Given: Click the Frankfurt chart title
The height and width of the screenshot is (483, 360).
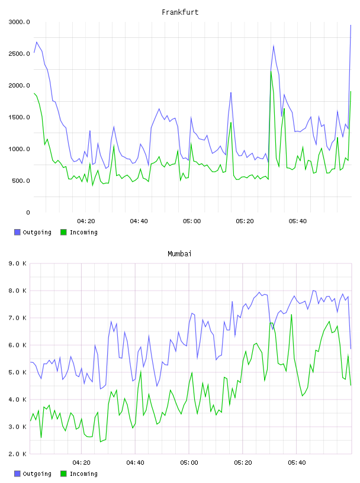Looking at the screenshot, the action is pos(180,12).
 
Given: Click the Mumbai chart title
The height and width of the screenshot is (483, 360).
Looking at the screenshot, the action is pos(179,254).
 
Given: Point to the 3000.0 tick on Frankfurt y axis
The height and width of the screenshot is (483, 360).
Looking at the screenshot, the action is pos(19,22).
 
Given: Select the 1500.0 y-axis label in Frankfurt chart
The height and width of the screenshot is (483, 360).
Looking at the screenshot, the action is pos(19,117).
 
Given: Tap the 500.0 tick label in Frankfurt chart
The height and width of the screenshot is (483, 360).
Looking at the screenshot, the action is pos(21,181).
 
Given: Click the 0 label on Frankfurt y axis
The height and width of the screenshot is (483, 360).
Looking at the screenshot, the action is pos(28,212).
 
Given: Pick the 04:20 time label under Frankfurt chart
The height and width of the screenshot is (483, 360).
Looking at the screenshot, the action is pos(86,221).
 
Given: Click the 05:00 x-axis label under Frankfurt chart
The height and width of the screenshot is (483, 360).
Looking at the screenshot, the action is pos(192,221).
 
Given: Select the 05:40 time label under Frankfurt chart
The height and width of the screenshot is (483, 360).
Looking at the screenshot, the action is pos(298,221).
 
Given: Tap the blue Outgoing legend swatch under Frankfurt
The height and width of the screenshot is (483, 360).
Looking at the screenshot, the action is pos(17,232).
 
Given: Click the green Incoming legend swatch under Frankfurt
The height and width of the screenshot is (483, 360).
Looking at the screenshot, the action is pos(63,232).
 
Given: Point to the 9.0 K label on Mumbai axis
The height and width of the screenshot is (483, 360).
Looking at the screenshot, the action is pos(18,263).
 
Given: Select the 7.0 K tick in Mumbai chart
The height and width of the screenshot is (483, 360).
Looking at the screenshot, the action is pos(18,318).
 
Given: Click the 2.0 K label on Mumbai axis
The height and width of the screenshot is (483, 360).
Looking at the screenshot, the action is pos(18,454).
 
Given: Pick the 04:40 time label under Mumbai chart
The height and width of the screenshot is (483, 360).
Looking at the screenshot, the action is pos(136,463).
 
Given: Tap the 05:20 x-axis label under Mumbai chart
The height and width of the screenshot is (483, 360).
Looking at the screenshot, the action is pos(243,463).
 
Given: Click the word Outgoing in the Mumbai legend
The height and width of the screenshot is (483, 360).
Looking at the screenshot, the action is pos(37,474).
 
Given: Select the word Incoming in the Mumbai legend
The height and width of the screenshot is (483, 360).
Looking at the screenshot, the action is pos(83,474).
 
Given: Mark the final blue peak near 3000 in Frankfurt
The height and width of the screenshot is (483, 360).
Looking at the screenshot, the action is pos(351,25).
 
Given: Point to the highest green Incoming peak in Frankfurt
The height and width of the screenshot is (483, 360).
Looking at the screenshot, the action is pos(271,72).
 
